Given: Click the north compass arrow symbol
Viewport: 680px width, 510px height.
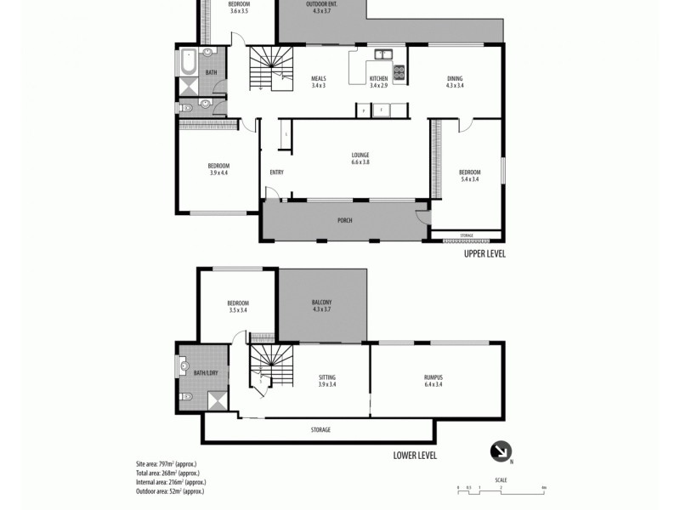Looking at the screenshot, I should tap(500, 450).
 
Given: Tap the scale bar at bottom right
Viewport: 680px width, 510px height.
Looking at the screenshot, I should tap(501, 488).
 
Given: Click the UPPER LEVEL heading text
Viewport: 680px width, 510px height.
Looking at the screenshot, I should tap(484, 252).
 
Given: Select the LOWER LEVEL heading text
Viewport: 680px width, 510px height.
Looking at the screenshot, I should tap(415, 456).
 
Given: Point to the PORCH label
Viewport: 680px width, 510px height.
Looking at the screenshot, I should tap(343, 221).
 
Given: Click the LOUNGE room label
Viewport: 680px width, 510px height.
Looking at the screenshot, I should tap(360, 155).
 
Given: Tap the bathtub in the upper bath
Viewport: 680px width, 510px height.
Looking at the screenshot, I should tap(188, 63).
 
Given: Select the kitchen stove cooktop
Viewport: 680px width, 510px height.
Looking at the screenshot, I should tap(399, 72).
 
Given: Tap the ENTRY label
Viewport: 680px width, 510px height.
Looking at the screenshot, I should tap(276, 173).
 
